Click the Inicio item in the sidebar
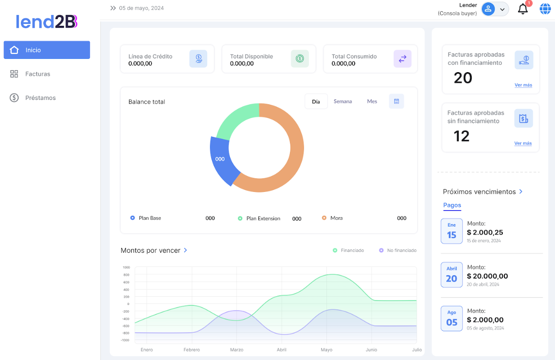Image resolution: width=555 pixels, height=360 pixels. point(47,50)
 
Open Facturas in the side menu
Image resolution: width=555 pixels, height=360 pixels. point(38,74)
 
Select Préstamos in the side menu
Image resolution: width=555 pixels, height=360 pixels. point(40,98)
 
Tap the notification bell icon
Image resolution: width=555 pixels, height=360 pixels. point(523,9)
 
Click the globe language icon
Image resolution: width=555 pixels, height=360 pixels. point(545,9)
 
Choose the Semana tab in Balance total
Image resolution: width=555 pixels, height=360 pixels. point(343,101)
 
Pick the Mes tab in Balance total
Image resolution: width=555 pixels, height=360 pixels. point(372,101)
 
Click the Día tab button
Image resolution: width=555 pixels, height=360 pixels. point(316,101)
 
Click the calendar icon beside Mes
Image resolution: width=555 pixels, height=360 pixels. point(396,101)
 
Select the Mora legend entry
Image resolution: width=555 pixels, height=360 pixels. point(336,218)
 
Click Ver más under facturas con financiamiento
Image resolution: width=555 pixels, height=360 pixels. point(523,85)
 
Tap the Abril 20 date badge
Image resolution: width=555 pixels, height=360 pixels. point(451,275)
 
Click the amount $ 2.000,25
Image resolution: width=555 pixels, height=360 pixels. point(485,232)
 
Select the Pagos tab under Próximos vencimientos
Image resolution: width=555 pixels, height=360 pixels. point(452,205)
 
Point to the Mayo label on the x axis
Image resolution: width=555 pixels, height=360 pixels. point(326,350)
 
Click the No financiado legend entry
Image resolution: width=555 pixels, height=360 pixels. point(402,250)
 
